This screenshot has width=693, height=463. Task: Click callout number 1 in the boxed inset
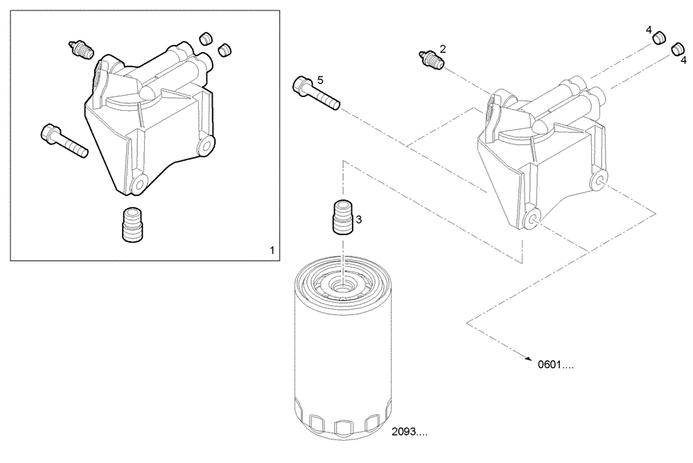(x=272, y=250)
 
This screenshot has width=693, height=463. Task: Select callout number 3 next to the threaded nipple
(x=359, y=219)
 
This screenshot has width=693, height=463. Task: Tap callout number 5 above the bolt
(x=320, y=80)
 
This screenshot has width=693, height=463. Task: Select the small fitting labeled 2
(x=430, y=60)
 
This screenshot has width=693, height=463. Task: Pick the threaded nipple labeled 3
(x=343, y=217)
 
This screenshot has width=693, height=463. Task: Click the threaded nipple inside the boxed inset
(x=132, y=225)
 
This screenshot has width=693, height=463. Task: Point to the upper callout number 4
(x=649, y=30)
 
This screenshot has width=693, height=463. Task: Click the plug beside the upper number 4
(x=660, y=37)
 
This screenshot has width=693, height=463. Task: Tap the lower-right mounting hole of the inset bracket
(x=206, y=146)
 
